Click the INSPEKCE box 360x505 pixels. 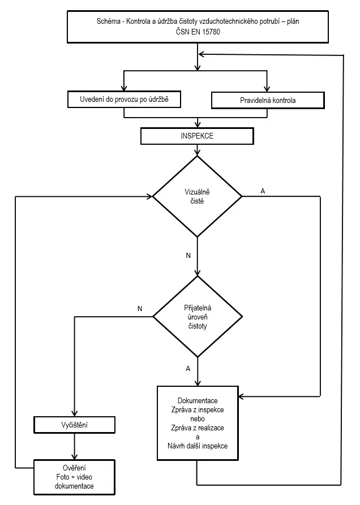(x=197, y=136)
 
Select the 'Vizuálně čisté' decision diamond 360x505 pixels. (x=197, y=196)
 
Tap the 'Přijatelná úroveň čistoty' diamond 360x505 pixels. (x=197, y=317)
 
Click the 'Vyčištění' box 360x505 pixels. (x=75, y=425)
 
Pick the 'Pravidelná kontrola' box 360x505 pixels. (x=268, y=100)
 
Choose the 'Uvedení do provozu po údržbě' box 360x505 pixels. (x=124, y=99)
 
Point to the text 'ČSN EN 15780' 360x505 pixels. (x=198, y=32)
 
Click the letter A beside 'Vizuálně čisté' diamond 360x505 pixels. (x=263, y=191)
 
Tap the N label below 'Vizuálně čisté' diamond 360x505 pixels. (x=188, y=256)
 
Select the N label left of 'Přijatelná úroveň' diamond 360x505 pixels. (x=140, y=309)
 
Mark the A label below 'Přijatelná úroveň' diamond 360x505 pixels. (x=188, y=369)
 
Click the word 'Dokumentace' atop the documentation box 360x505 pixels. (x=198, y=400)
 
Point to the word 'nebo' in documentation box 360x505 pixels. (x=198, y=418)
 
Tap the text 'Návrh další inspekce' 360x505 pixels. (x=198, y=446)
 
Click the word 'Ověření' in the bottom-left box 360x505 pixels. (x=74, y=468)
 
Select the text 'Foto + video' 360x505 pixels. (x=74, y=477)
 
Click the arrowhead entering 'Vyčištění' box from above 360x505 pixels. (x=75, y=413)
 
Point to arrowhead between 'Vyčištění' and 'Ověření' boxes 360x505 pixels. (x=75, y=456)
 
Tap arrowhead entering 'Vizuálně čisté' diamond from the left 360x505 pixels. (x=149, y=196)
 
